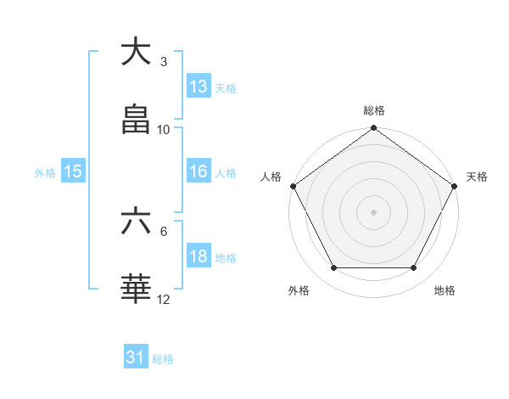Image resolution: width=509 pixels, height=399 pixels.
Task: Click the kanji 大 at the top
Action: click(136, 52)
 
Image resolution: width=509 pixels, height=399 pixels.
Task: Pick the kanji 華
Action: click(136, 289)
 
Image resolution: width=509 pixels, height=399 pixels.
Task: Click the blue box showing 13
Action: click(199, 86)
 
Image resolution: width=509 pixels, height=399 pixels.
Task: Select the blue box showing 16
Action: click(199, 171)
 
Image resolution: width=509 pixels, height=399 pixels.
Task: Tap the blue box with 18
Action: click(199, 257)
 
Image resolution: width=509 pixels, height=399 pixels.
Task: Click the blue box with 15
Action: click(73, 171)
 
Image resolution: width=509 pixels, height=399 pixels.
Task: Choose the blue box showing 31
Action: click(136, 357)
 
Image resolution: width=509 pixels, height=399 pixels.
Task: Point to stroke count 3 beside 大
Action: click(164, 62)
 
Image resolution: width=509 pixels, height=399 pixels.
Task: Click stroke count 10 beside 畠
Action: click(164, 130)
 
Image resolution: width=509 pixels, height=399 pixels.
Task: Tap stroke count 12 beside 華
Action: click(164, 300)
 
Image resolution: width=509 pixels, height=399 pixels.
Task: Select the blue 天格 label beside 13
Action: click(225, 87)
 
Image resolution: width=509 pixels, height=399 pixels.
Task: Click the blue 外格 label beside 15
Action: click(45, 172)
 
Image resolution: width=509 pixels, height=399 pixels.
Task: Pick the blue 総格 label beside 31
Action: click(163, 359)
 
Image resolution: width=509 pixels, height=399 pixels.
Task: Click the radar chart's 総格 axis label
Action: click(374, 110)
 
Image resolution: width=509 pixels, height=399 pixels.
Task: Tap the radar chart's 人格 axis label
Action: click(271, 177)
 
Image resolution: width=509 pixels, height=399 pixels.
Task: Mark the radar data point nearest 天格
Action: click(455, 186)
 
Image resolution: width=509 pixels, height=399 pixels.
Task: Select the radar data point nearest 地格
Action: click(414, 267)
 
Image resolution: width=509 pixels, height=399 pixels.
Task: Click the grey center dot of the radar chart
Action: click(374, 211)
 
